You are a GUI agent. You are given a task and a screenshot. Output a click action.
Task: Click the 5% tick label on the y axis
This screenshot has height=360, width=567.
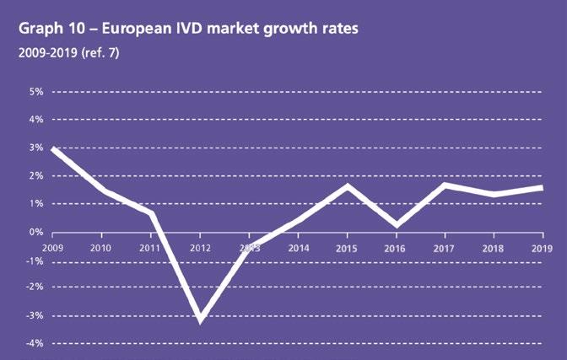pyautogui.click(x=35, y=91)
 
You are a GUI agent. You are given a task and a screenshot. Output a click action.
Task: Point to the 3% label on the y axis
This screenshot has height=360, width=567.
pyautogui.click(x=35, y=148)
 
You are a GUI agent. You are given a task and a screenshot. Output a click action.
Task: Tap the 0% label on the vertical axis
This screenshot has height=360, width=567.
pyautogui.click(x=35, y=232)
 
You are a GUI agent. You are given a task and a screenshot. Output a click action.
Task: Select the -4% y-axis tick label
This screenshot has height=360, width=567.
pyautogui.click(x=34, y=344)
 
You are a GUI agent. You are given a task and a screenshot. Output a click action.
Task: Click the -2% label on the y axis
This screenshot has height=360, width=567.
pyautogui.click(x=34, y=287)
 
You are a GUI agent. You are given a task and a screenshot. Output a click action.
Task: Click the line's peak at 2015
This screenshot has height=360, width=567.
pyautogui.click(x=347, y=185)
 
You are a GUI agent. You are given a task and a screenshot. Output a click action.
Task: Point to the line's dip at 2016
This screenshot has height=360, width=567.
pyautogui.click(x=396, y=225)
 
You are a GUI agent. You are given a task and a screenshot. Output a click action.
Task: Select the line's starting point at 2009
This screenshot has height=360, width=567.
pyautogui.click(x=53, y=149)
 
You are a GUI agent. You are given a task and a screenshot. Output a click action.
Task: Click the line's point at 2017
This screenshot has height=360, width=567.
pyautogui.click(x=445, y=185)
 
